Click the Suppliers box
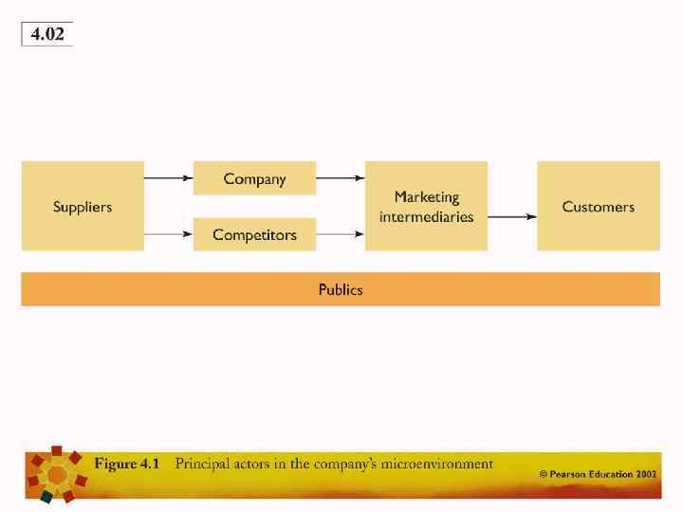tap(83, 206)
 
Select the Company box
tap(254, 178)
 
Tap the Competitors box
tap(254, 234)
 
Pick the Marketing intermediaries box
tap(426, 206)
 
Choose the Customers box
tap(598, 206)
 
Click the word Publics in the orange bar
tap(341, 289)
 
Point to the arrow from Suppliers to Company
tap(169, 177)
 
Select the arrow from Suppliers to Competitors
tap(169, 233)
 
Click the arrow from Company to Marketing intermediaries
tap(341, 177)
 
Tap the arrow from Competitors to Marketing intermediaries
tap(341, 233)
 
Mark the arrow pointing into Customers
tap(512, 216)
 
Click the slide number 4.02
tap(47, 34)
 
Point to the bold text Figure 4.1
tap(126, 464)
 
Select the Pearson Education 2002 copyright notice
tap(598, 472)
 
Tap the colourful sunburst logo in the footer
tap(57, 471)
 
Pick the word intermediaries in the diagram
tap(426, 216)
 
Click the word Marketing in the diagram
tap(426, 197)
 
